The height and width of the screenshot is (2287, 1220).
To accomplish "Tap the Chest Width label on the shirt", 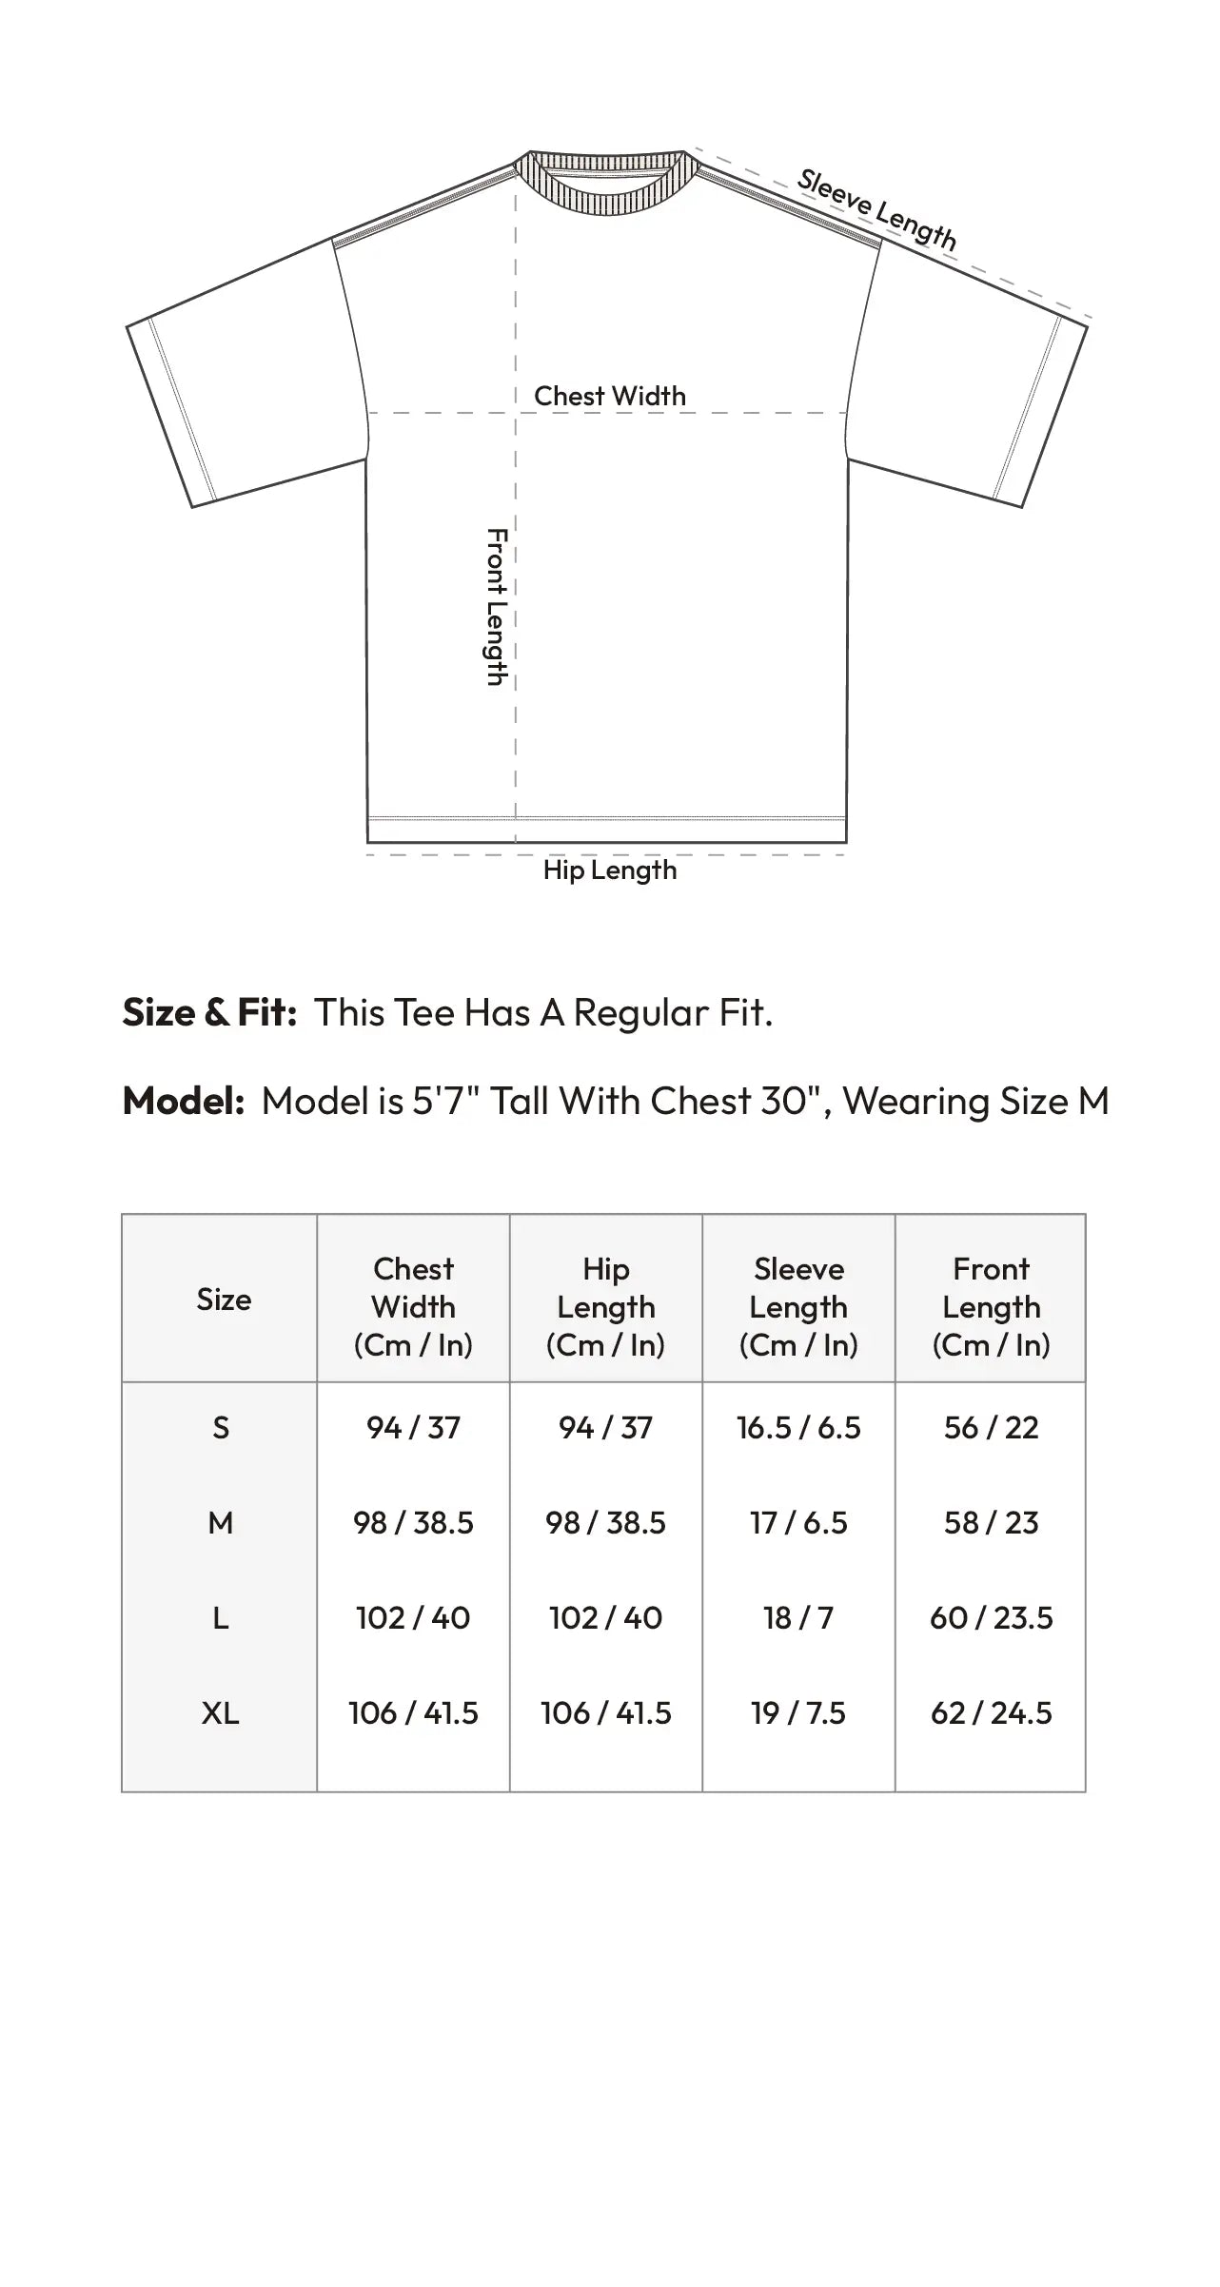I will tap(609, 396).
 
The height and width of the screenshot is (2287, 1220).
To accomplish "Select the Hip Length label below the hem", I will tap(610, 870).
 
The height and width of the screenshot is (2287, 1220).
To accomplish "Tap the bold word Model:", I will tap(184, 1101).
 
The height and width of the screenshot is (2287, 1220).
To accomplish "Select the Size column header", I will tap(224, 1300).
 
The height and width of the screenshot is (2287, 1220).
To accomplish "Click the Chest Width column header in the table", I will tap(413, 1306).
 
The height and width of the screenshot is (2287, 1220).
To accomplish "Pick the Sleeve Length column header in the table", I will tap(798, 1306).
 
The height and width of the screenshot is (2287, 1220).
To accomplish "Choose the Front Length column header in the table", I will tap(991, 1306).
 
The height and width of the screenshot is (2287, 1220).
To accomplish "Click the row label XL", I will tap(220, 1713).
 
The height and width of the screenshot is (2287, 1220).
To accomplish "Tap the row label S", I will tap(220, 1428).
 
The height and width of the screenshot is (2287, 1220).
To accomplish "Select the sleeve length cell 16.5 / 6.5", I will tap(798, 1428).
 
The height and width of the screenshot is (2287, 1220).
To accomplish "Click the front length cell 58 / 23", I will tap(991, 1523).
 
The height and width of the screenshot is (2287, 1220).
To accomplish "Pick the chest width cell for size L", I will tap(413, 1618).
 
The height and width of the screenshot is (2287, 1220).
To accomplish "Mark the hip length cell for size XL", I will tap(606, 1713).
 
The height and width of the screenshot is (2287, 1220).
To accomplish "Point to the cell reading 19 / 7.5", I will tap(798, 1713).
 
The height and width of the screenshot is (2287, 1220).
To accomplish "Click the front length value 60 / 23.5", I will tap(991, 1618).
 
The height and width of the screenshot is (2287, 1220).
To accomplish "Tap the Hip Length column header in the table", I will tap(606, 1306).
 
